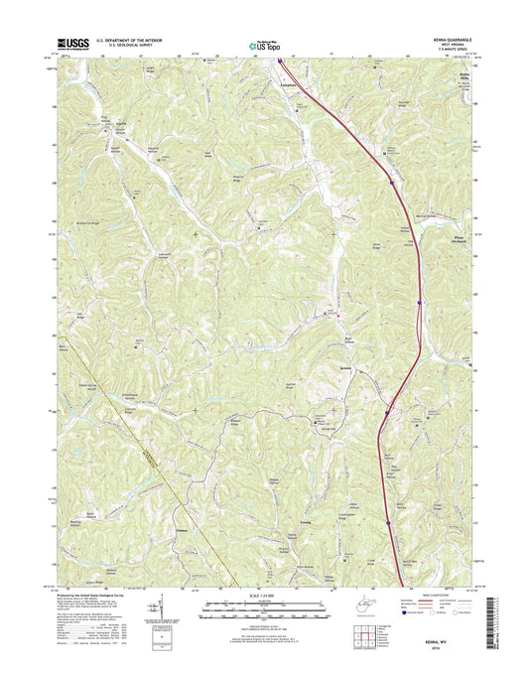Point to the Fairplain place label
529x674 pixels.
tap(281, 86)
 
